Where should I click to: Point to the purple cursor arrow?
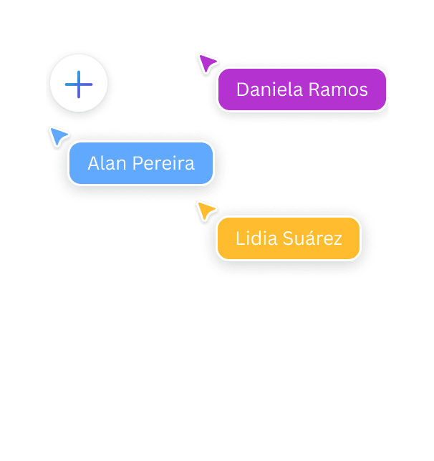(208, 64)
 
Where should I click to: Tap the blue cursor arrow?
(58, 135)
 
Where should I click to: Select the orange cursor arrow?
(206, 210)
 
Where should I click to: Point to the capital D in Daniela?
(242, 89)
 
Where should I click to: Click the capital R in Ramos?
(314, 89)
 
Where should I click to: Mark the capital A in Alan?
(93, 163)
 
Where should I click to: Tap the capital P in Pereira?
(137, 163)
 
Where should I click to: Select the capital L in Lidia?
(239, 238)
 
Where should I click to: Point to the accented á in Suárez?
(311, 238)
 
